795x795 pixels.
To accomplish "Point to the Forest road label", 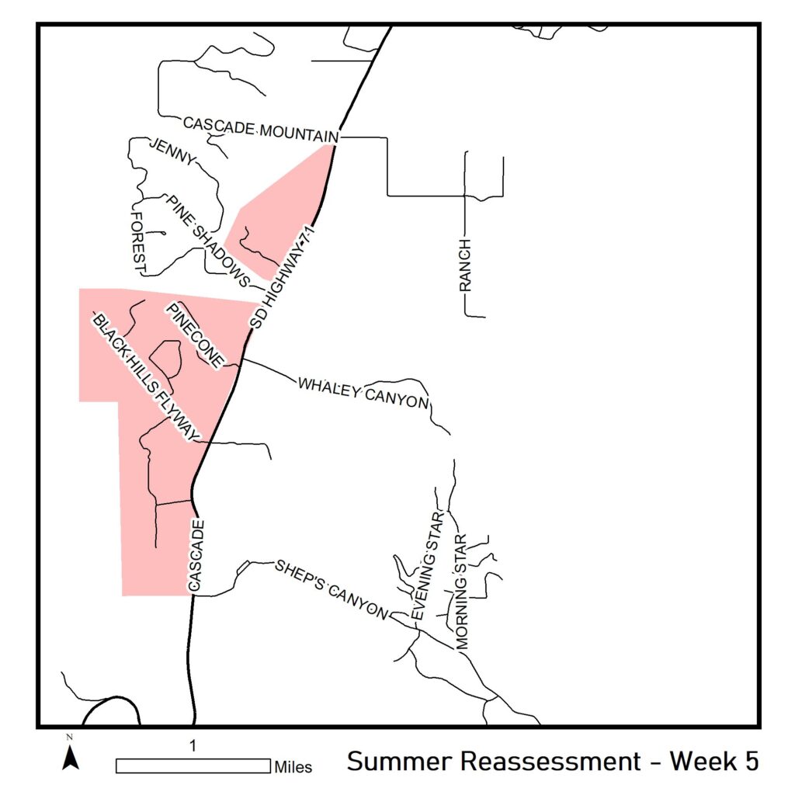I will [140, 242].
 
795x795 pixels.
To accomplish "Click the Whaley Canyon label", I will [363, 392].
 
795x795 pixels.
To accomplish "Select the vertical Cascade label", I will [196, 557].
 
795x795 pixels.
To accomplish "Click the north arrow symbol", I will [71, 755].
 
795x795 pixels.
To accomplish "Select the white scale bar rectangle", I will [193, 765].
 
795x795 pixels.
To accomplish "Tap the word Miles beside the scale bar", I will [293, 768].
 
